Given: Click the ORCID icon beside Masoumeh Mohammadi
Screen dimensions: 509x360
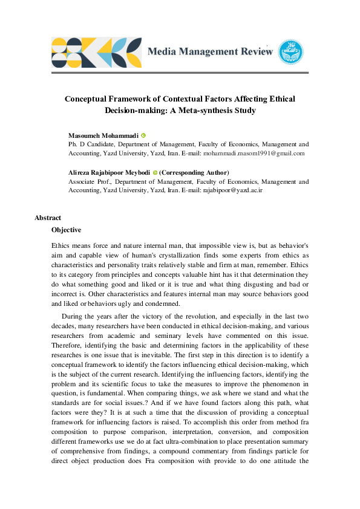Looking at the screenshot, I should (144, 135).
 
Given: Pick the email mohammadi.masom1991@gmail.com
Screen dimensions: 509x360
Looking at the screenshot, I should (254, 154).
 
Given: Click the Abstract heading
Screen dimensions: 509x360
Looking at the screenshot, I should (48, 218).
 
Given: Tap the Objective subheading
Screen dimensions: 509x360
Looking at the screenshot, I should (67, 230).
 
